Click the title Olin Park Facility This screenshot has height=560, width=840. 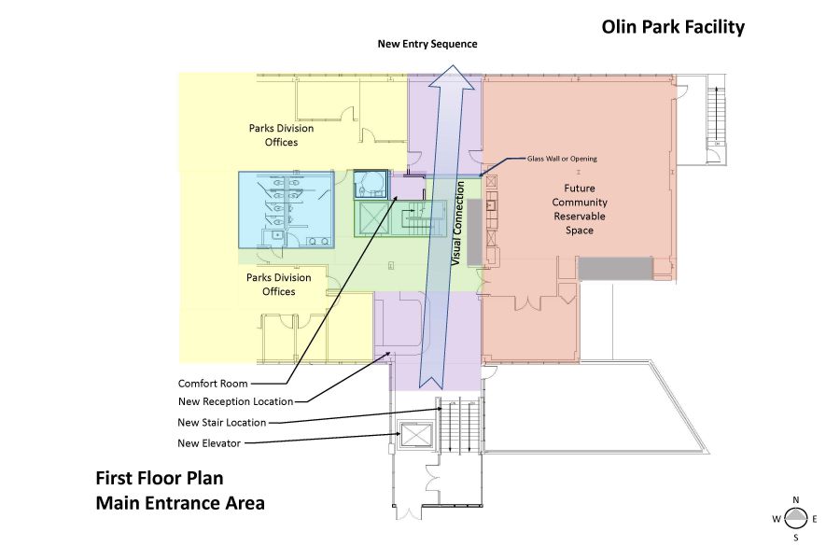[x=673, y=27]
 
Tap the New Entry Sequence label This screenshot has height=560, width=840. [x=427, y=44]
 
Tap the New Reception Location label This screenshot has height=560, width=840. [x=235, y=402]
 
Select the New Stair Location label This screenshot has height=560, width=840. [x=222, y=422]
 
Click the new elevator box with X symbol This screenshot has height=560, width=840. [x=412, y=436]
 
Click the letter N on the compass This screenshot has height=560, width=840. [x=795, y=499]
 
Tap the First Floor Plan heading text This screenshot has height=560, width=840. [x=159, y=479]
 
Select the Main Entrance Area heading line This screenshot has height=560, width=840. [x=180, y=504]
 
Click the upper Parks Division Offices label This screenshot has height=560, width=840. [x=281, y=135]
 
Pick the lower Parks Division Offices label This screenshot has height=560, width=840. [x=271, y=285]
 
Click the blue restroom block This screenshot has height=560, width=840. [x=286, y=211]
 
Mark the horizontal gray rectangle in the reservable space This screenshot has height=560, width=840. [x=613, y=269]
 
